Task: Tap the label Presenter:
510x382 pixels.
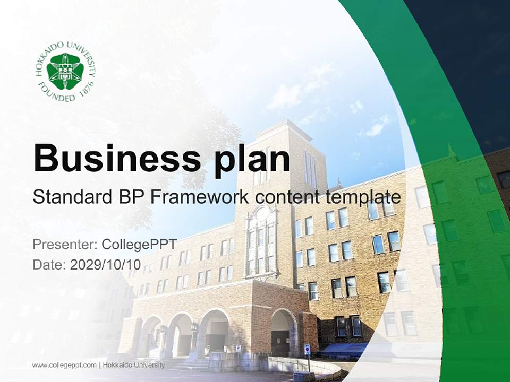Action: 64,245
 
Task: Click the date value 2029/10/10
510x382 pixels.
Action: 105,265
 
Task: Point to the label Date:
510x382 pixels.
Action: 49,265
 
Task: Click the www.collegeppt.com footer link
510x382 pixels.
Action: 64,365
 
